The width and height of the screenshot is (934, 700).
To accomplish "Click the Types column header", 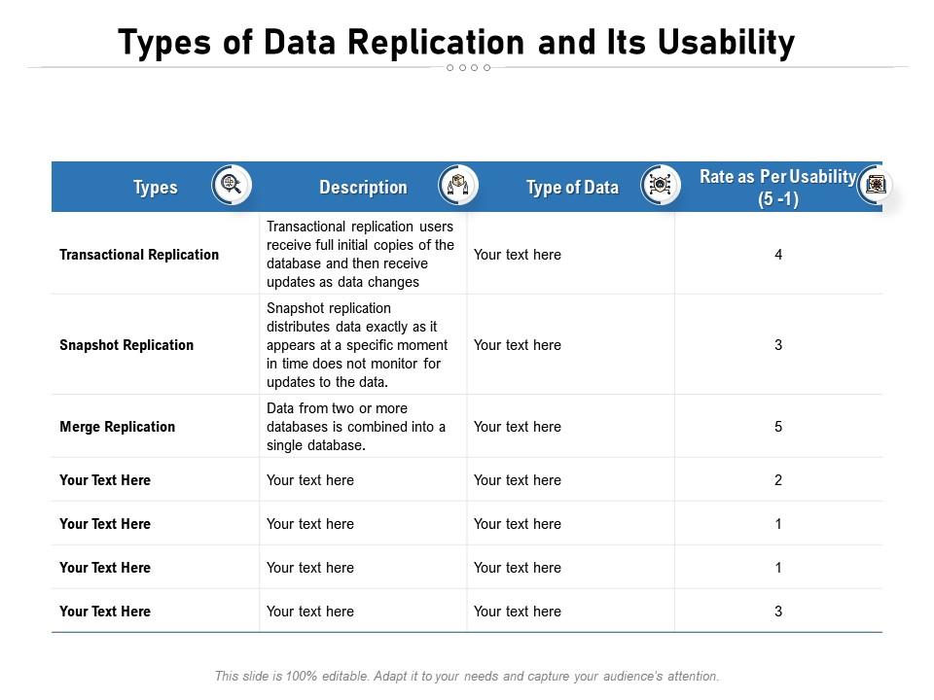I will pos(156,188).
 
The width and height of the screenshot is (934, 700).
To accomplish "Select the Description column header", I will pos(363,188).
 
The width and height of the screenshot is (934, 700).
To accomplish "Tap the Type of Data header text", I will pos(572,188).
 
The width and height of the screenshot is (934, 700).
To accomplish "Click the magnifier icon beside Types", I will pos(232,185).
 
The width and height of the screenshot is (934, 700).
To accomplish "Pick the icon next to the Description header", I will pos(458,185).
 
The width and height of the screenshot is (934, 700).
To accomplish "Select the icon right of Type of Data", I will pos(660,185).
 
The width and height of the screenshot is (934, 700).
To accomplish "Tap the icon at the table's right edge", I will pos(876,185).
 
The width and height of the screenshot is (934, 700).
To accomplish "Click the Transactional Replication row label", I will pos(139,255).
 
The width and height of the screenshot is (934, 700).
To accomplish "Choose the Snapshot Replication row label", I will pos(126,345).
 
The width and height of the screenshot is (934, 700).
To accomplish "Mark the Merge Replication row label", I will pos(118,427).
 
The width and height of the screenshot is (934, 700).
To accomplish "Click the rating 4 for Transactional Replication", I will pos(778,255).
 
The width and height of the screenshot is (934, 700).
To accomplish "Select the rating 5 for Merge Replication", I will pos(778,427).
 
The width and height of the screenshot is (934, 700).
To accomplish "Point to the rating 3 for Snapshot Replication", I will pos(778,345).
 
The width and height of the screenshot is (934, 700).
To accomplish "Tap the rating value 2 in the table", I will pos(778,480).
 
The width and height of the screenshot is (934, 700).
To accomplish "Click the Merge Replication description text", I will pos(356,427).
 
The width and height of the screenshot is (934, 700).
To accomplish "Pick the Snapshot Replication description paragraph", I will pos(357,345).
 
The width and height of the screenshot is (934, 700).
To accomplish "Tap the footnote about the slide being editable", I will pos(467,676).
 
